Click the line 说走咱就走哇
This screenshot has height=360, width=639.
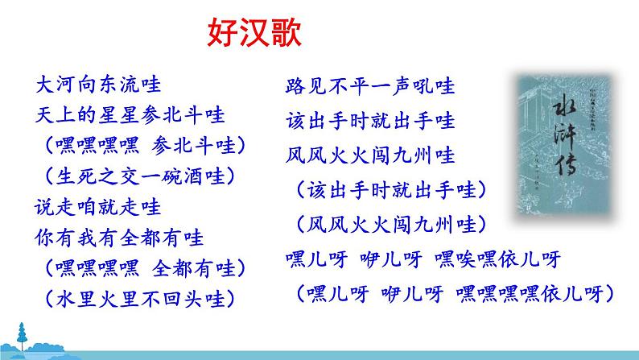(100, 206)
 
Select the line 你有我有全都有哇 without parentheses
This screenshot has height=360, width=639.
(121, 238)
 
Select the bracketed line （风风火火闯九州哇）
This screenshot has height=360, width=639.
(391, 222)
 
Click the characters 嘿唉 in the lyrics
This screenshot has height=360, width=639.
(456, 259)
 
